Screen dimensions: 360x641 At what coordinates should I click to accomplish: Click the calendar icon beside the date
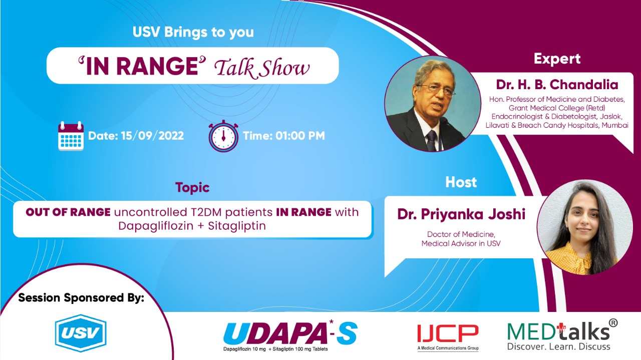(x=71, y=135)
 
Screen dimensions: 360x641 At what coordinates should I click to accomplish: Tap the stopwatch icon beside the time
(x=223, y=136)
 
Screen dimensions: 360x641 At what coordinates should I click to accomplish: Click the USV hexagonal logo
(x=80, y=333)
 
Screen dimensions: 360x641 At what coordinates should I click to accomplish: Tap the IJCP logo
(x=448, y=334)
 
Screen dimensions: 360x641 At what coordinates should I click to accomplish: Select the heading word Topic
(x=192, y=188)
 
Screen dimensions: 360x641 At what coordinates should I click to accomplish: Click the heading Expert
(x=557, y=59)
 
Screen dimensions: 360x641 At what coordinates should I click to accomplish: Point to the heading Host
(x=461, y=182)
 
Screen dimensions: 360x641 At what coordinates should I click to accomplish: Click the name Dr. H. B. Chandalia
(x=557, y=85)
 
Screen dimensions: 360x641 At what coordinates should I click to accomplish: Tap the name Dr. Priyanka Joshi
(x=461, y=214)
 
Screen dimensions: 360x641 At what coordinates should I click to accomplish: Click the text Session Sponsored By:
(x=81, y=298)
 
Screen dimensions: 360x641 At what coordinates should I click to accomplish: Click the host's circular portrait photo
(x=577, y=228)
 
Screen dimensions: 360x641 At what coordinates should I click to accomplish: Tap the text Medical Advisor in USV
(x=461, y=244)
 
